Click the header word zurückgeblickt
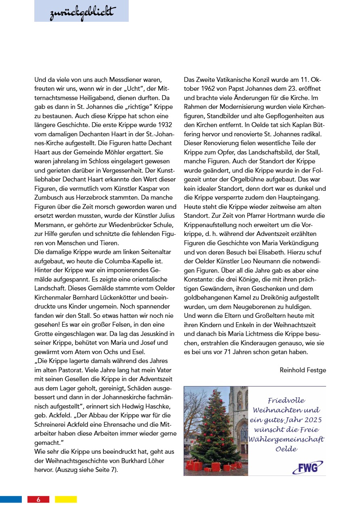click(82, 13)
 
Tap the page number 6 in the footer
click(38, 499)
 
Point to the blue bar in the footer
click(11, 499)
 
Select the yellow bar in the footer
click(66, 499)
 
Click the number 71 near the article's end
click(229, 352)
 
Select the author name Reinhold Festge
click(303, 370)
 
